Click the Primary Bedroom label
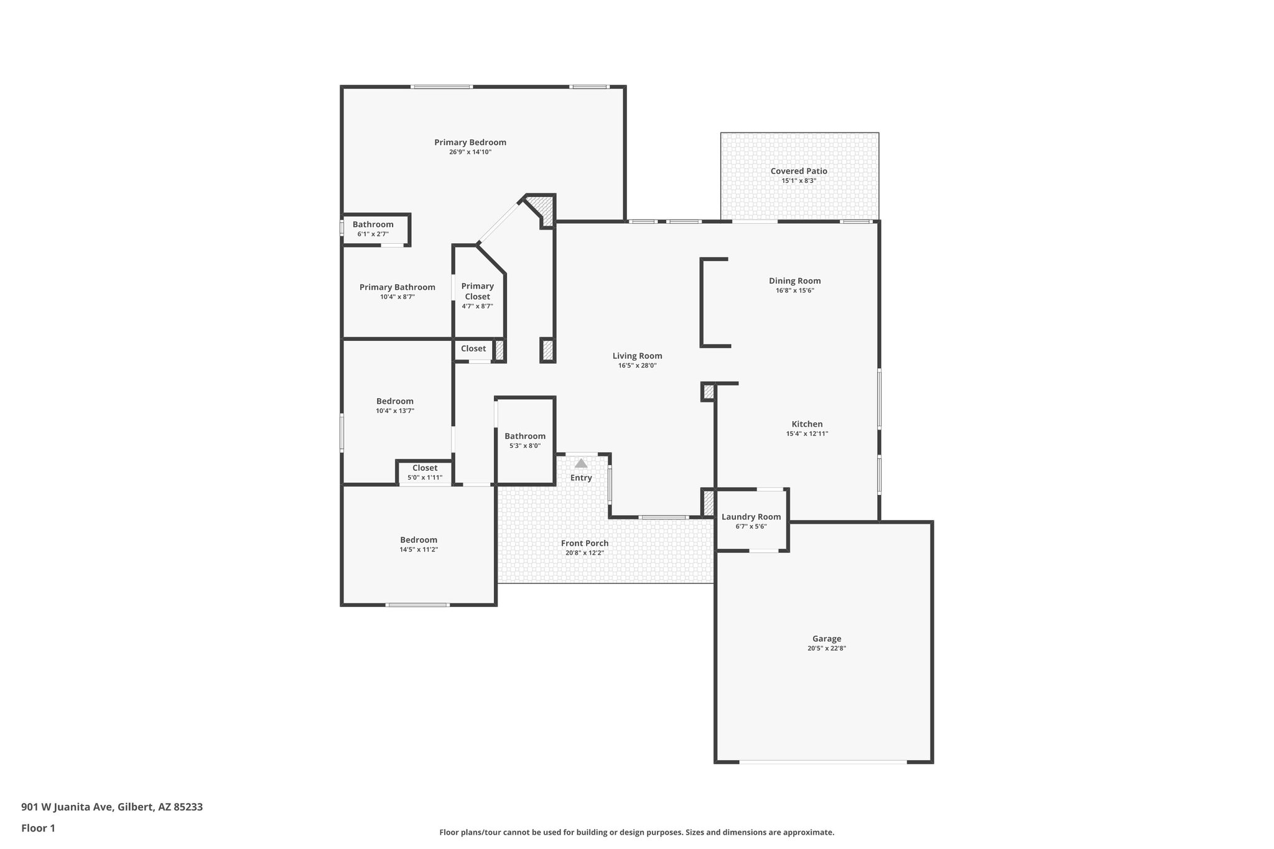tap(470, 142)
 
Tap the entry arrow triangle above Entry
tap(581, 463)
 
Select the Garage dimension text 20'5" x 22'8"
tap(827, 648)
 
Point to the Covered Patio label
tap(799, 171)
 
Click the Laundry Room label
tap(751, 517)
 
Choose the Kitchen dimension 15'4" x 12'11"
tap(807, 434)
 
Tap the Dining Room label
tap(794, 281)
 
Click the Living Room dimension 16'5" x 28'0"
tap(637, 366)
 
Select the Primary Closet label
tap(477, 291)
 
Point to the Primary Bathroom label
tap(397, 287)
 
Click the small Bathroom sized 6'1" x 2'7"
tap(373, 225)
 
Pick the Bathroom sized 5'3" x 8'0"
tap(524, 436)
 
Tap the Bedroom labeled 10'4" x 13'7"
tap(394, 401)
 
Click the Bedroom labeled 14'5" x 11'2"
tap(418, 540)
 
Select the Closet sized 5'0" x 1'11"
tap(424, 468)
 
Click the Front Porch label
tap(584, 543)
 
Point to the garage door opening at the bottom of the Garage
tap(822, 761)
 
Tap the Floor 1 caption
tap(38, 828)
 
